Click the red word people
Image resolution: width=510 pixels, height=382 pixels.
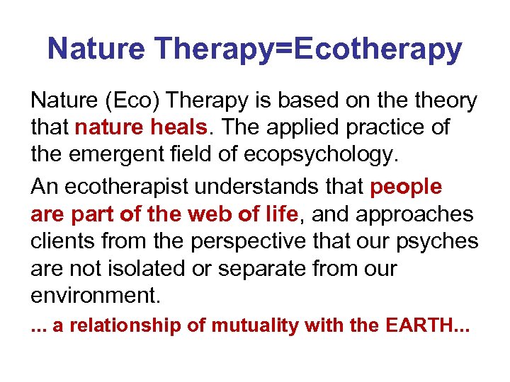click(407, 187)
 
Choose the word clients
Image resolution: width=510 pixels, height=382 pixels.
click(62, 241)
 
